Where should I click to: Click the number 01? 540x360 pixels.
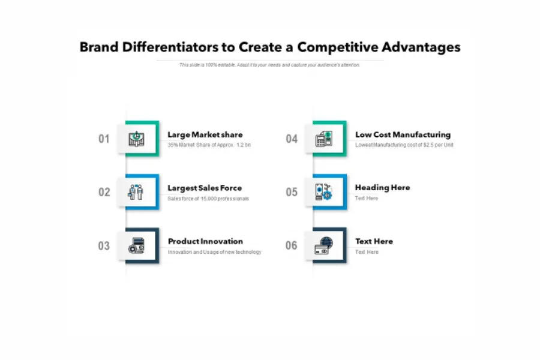(104, 139)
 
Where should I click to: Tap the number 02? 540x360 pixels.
(104, 193)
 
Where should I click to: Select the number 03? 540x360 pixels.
(104, 246)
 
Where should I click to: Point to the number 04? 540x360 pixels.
(292, 139)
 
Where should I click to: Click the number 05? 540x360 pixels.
(292, 193)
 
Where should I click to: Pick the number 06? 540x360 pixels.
(292, 245)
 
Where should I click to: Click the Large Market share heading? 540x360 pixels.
(205, 135)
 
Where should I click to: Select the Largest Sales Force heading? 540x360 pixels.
(205, 188)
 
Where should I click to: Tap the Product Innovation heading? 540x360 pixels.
(205, 242)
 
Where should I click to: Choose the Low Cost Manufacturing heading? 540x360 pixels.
(403, 135)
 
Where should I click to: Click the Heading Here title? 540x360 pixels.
(382, 188)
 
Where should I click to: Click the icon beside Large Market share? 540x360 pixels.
(137, 139)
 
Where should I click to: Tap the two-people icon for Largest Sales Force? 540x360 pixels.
(137, 192)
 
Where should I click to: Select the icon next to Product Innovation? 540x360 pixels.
(137, 245)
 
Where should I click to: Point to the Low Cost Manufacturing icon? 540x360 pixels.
(324, 139)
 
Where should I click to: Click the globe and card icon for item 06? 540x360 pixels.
(324, 245)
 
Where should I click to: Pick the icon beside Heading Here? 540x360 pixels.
(324, 192)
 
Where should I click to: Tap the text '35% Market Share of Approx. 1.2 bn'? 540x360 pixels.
(209, 145)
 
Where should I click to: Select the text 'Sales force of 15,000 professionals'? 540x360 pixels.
(208, 199)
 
